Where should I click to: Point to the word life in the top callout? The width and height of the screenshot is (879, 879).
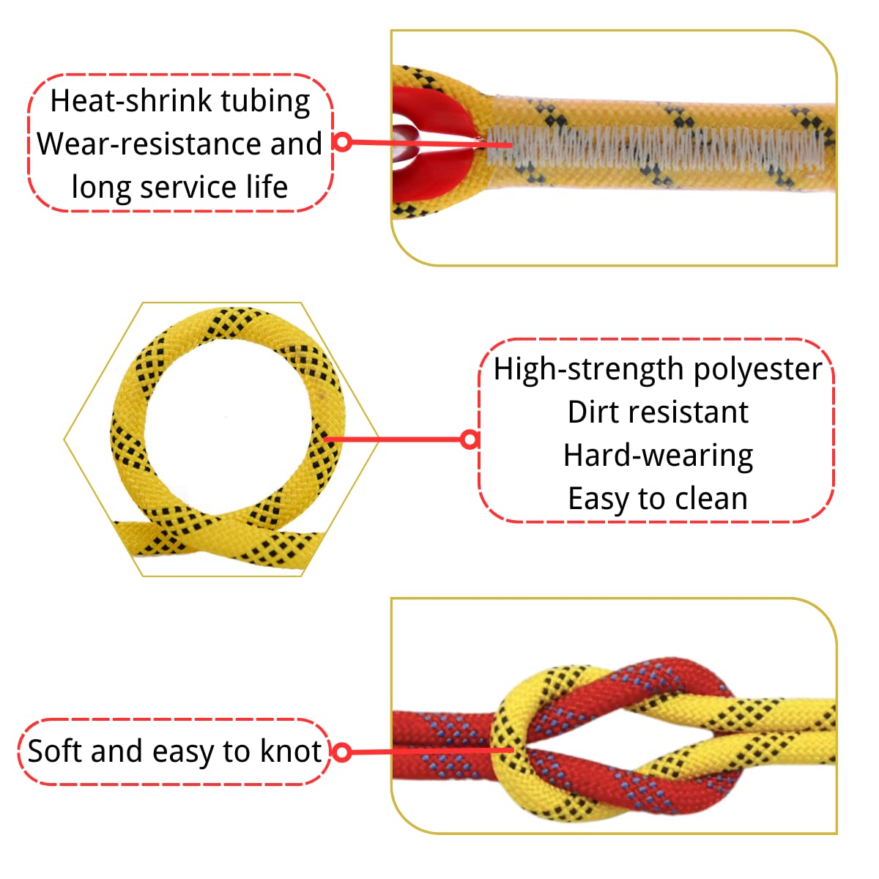tap(267, 187)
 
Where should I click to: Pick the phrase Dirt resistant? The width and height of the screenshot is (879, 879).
tap(658, 412)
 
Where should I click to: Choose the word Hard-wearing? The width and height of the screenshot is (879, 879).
tap(658, 456)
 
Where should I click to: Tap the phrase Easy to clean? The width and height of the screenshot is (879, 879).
tap(658, 499)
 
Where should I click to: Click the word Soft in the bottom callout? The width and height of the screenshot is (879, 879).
tap(55, 752)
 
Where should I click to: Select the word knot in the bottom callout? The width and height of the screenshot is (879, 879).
tap(292, 752)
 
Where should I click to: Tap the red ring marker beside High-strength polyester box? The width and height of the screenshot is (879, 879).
tap(470, 439)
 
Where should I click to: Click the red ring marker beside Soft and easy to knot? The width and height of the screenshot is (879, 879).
tap(341, 752)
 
